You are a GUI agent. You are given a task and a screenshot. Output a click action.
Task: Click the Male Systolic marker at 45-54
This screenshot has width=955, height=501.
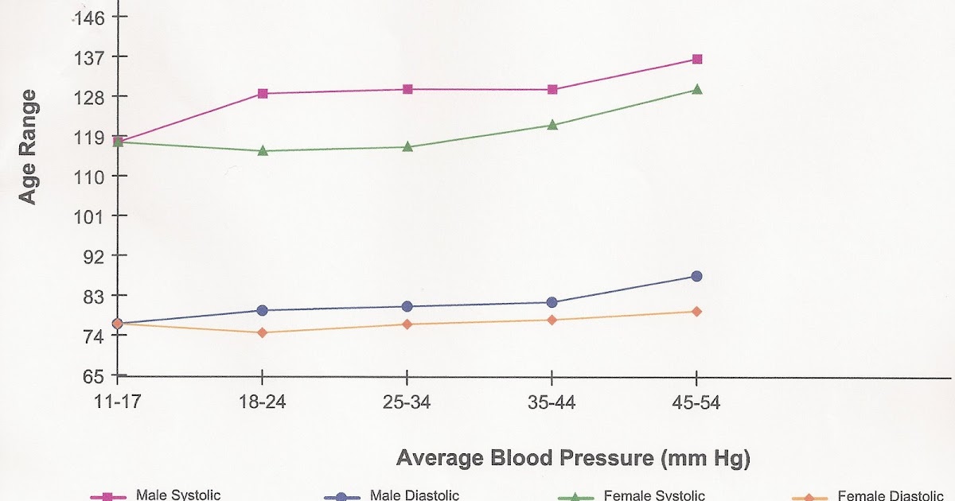click(x=697, y=59)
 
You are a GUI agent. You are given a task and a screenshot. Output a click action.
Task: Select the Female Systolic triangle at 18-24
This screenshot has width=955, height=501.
click(x=263, y=150)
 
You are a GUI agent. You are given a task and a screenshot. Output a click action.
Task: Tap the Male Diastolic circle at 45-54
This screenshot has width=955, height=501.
click(x=697, y=276)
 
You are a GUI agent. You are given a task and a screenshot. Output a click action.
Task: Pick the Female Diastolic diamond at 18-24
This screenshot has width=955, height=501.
click(x=263, y=332)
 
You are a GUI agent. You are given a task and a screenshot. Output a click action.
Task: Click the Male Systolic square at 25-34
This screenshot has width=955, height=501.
click(x=407, y=89)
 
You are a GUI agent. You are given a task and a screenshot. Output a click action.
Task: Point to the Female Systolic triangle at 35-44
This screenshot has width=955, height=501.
click(x=552, y=125)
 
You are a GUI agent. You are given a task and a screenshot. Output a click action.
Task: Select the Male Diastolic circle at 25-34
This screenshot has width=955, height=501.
click(x=407, y=306)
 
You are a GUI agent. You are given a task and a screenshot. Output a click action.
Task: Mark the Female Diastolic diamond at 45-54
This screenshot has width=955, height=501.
click(x=697, y=312)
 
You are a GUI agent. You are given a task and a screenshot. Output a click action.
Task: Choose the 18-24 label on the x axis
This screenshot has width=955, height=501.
click(x=263, y=402)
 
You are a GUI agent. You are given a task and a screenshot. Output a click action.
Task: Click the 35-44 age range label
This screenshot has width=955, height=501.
click(x=552, y=402)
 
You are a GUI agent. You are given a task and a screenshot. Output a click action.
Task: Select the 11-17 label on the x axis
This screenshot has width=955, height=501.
click(x=117, y=402)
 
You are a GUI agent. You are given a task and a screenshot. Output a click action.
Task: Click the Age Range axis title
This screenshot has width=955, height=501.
click(x=28, y=147)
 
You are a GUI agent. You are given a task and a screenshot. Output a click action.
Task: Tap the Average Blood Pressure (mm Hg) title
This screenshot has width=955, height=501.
click(x=573, y=459)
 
